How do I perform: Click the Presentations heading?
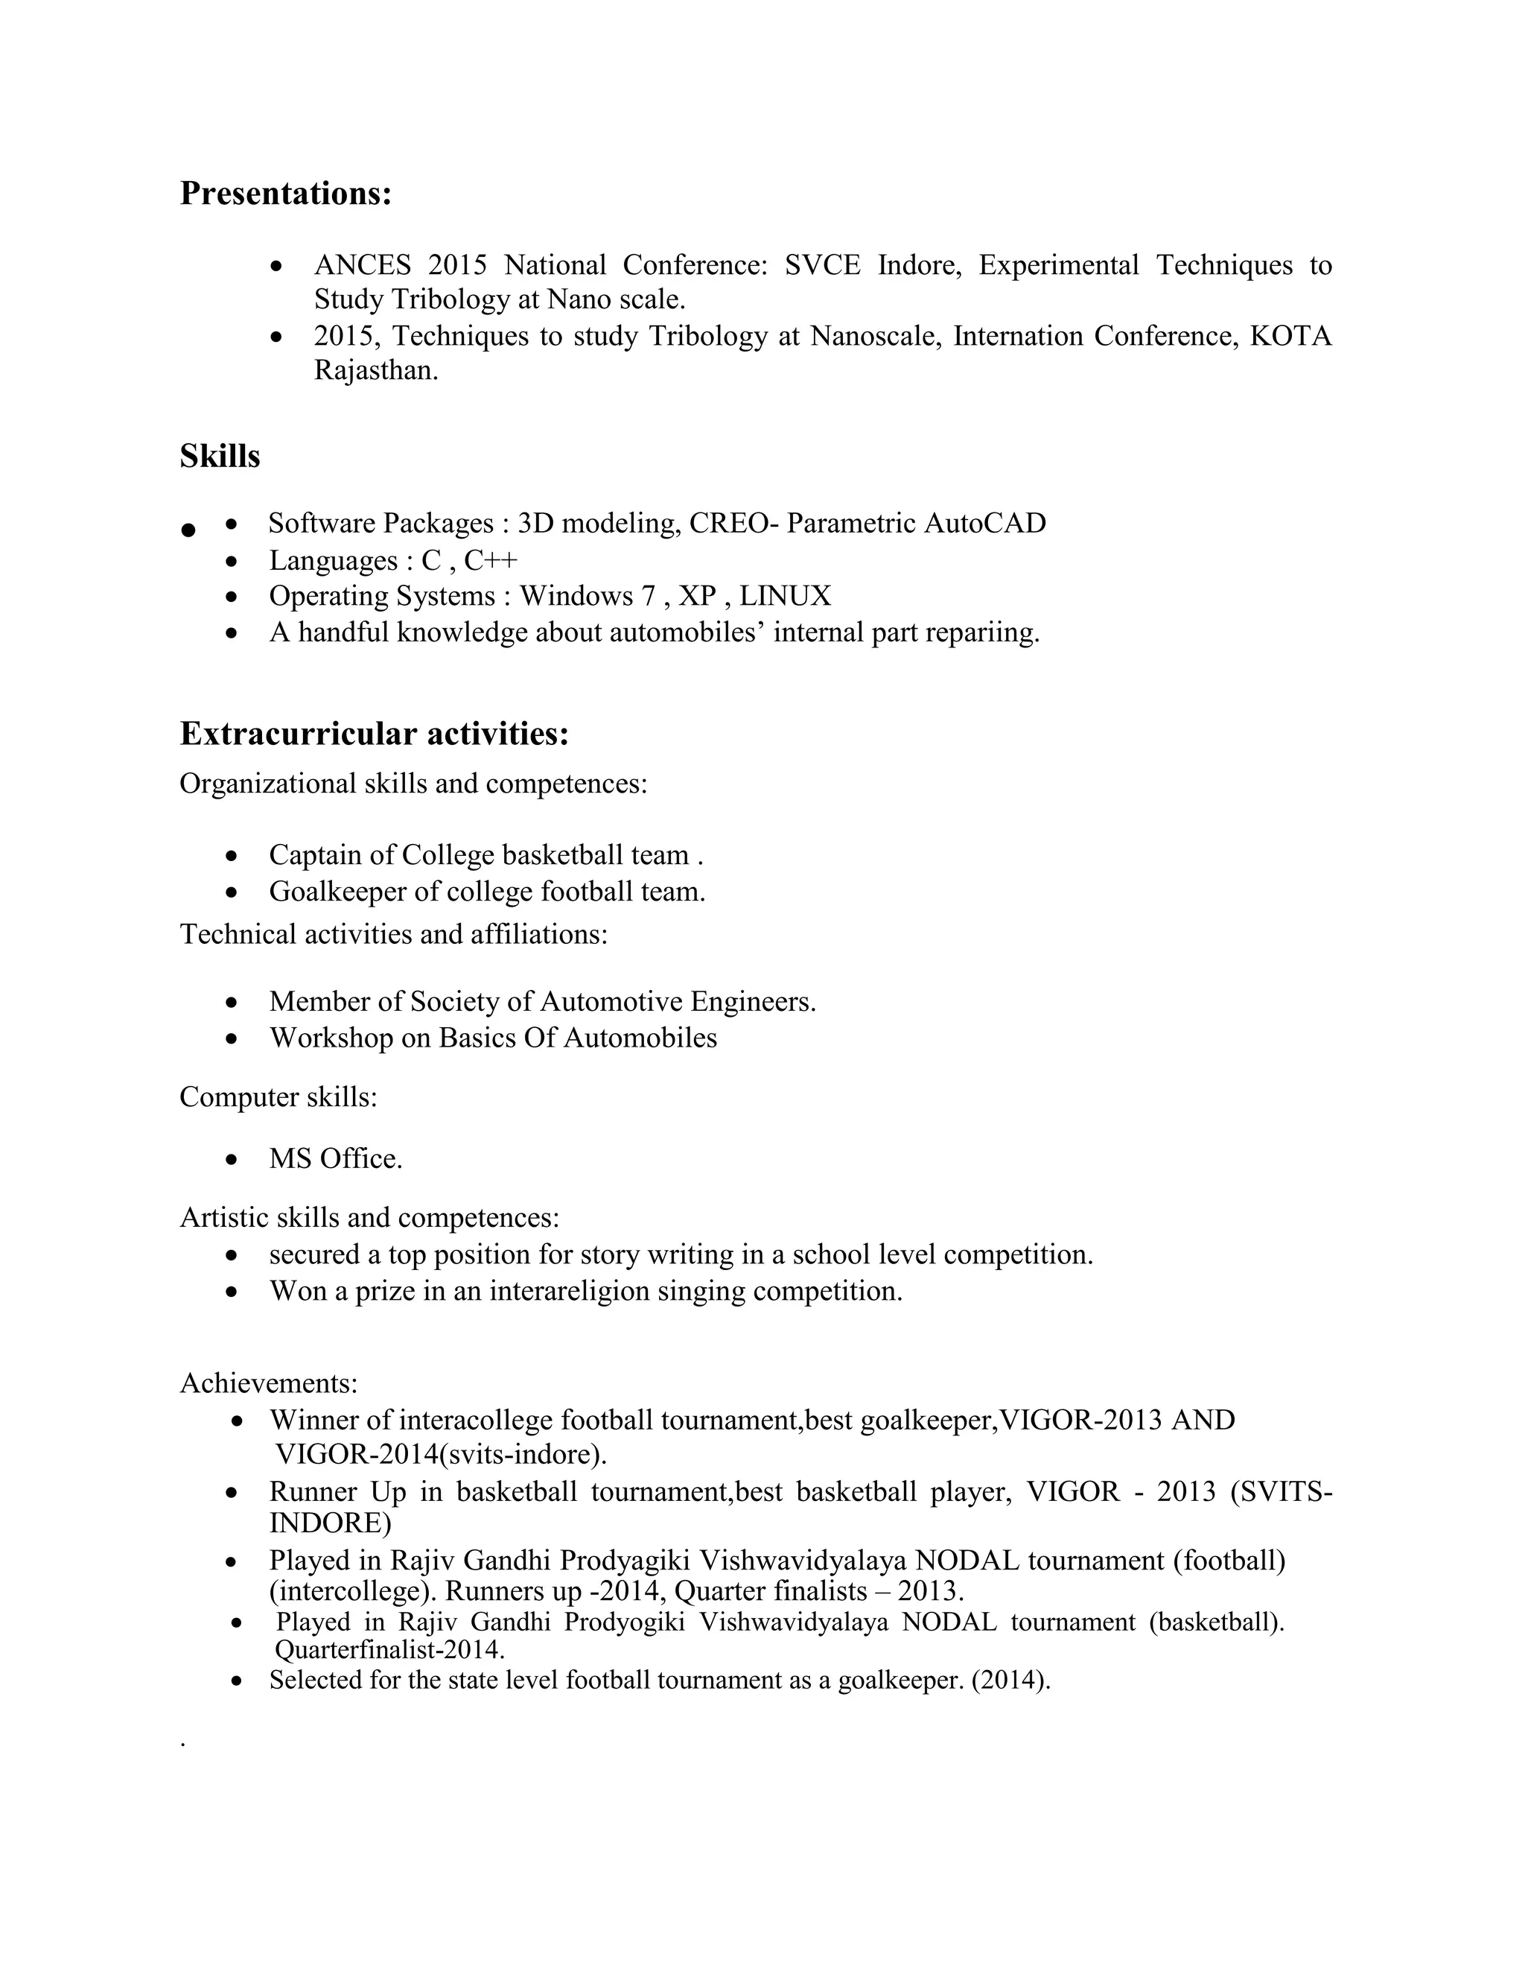[285, 194]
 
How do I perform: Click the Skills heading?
[220, 457]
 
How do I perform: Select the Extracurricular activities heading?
[374, 734]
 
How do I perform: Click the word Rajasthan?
[375, 370]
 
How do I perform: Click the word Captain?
[331, 855]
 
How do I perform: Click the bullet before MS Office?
[233, 1160]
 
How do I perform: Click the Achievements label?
[268, 1383]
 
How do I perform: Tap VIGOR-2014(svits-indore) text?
[441, 1454]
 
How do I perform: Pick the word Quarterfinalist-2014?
[389, 1649]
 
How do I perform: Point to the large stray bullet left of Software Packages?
[188, 530]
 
